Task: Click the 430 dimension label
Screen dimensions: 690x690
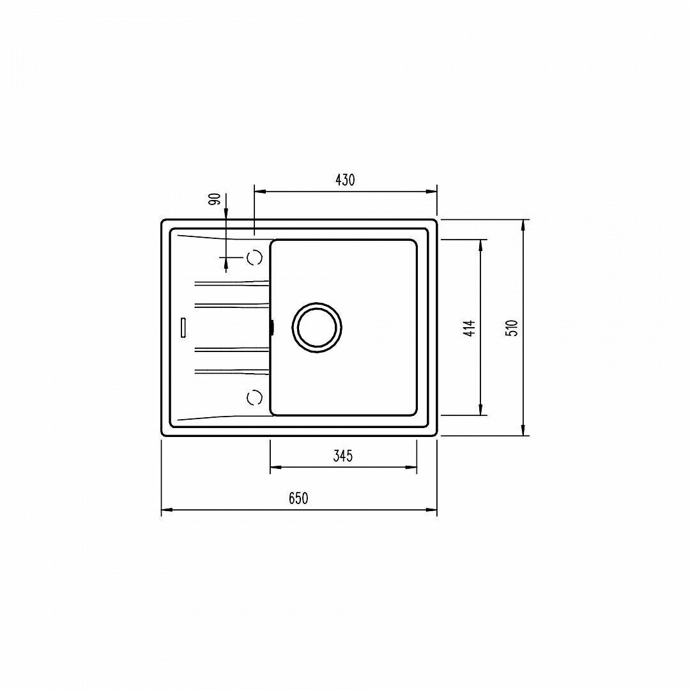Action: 345,180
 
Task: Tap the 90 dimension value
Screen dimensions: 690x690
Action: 215,199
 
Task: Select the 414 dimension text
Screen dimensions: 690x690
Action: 470,328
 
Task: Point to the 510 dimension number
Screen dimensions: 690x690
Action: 513,328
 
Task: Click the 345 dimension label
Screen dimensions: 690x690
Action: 343,456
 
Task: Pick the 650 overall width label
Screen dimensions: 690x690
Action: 298,498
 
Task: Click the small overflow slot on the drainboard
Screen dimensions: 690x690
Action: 183,327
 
